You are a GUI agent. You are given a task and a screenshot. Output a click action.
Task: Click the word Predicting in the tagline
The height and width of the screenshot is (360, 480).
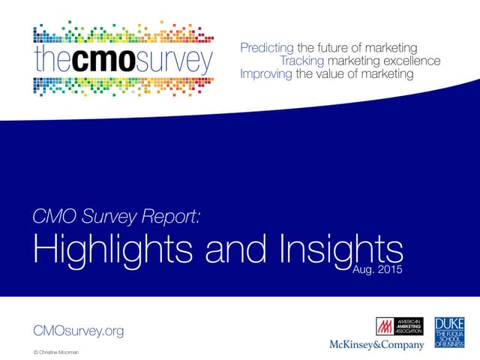click(x=267, y=48)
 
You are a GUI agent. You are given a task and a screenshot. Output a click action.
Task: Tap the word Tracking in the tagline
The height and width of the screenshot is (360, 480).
click(x=303, y=61)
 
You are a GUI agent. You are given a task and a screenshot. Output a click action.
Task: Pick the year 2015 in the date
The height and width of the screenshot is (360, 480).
click(x=389, y=268)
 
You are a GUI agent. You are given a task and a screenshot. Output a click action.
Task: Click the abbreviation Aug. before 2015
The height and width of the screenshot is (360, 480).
click(x=364, y=268)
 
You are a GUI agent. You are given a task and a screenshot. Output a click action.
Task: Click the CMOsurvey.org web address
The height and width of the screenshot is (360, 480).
click(x=79, y=330)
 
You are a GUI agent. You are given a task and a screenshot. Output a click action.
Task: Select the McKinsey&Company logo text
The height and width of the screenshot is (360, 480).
click(x=376, y=345)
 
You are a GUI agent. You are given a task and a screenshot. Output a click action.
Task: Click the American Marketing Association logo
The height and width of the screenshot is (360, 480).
click(x=399, y=327)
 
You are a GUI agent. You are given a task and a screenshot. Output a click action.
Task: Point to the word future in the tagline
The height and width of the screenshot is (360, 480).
click(x=334, y=48)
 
